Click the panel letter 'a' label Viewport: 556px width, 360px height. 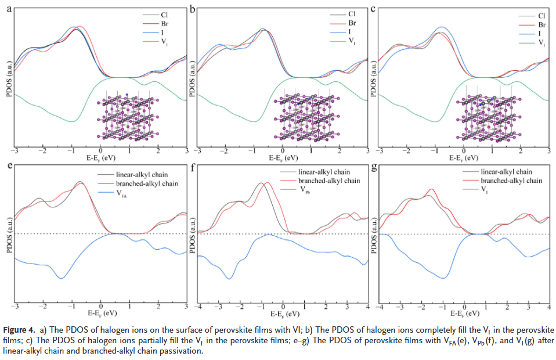click(9, 9)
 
